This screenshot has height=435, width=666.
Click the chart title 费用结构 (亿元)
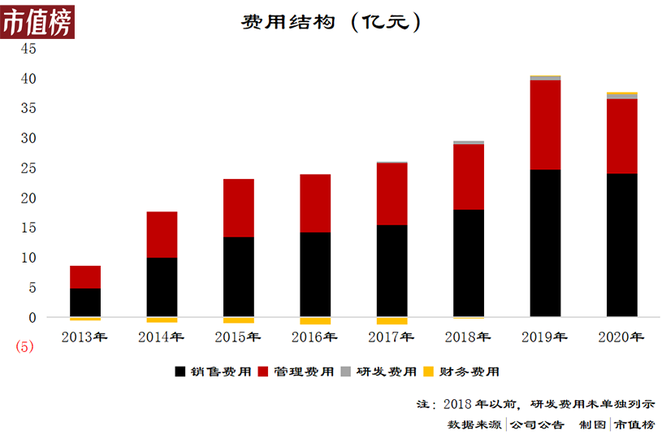[331, 22]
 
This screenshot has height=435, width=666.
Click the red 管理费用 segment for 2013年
[85, 276]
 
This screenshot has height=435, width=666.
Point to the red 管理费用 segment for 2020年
[621, 136]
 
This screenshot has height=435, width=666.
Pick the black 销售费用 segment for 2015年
[239, 276]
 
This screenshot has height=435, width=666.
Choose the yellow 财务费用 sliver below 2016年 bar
[315, 320]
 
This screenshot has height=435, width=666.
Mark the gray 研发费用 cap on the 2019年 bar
[545, 78]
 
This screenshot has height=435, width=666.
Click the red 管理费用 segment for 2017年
[391, 194]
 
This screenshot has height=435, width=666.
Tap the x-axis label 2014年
[161, 337]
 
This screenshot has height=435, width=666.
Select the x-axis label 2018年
[468, 337]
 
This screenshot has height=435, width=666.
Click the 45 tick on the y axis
[29, 49]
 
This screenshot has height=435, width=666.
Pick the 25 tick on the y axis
[29, 168]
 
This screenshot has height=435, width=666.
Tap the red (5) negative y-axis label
[25, 346]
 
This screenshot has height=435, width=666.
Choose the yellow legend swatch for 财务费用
[429, 372]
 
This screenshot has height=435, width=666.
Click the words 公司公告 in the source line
[537, 424]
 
